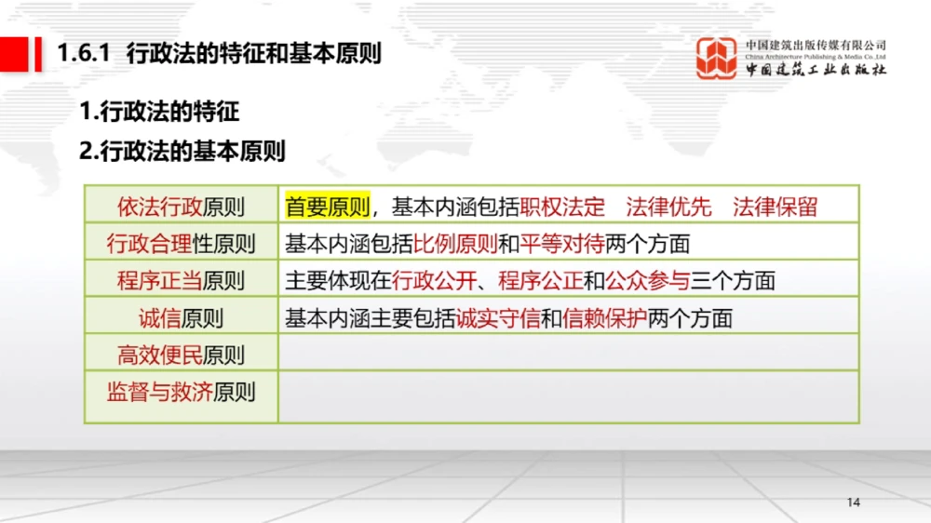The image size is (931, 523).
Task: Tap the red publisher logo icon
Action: [x=718, y=59]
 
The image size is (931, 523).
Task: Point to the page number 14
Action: [x=854, y=503]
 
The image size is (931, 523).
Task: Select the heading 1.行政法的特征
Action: [x=159, y=112]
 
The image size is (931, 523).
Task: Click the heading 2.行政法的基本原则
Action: [x=182, y=151]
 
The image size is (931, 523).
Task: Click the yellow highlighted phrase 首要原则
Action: [x=328, y=206]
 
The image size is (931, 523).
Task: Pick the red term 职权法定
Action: [x=562, y=206]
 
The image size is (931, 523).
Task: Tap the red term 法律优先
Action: [x=668, y=206]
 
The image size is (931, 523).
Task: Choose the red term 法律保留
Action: [x=775, y=206]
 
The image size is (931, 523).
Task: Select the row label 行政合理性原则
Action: [x=181, y=244]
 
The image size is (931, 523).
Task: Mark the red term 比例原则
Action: [x=455, y=244]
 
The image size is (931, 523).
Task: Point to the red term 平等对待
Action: [x=561, y=244]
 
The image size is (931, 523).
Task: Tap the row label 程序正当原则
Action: [x=181, y=280]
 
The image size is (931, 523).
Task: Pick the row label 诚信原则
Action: [x=181, y=318]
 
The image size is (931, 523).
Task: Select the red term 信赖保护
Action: [x=604, y=318]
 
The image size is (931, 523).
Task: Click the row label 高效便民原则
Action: [x=181, y=355]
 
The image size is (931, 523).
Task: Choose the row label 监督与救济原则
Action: [x=181, y=392]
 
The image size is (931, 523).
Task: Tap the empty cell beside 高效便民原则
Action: [x=568, y=354]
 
